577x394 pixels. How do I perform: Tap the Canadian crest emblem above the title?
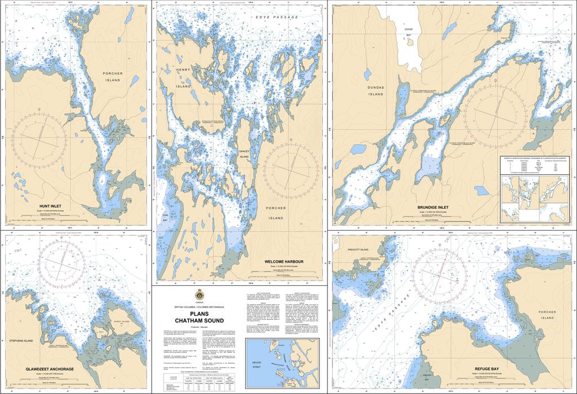(199, 295)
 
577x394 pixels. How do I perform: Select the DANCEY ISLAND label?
(243, 154)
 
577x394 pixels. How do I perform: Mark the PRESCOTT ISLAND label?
(357, 249)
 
